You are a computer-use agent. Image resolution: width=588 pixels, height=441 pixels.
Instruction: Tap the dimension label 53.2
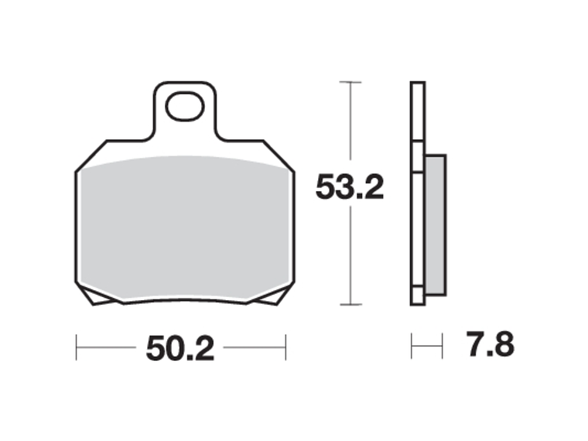[349, 188]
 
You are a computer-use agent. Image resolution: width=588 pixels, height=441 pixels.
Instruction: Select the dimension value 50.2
[179, 349]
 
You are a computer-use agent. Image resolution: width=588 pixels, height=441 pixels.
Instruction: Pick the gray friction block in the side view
[436, 224]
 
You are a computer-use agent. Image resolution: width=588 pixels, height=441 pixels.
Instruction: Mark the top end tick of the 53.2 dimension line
[350, 82]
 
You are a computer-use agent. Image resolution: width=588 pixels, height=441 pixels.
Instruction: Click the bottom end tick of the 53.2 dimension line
[350, 304]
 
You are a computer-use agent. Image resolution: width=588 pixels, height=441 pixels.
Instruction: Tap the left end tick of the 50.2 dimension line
[77, 347]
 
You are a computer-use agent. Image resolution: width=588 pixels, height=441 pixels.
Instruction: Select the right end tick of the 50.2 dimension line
[285, 347]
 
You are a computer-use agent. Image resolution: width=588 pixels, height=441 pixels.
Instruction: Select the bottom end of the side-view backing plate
[418, 302]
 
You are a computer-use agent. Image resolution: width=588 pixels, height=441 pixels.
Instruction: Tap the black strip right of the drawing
[551, 220]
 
